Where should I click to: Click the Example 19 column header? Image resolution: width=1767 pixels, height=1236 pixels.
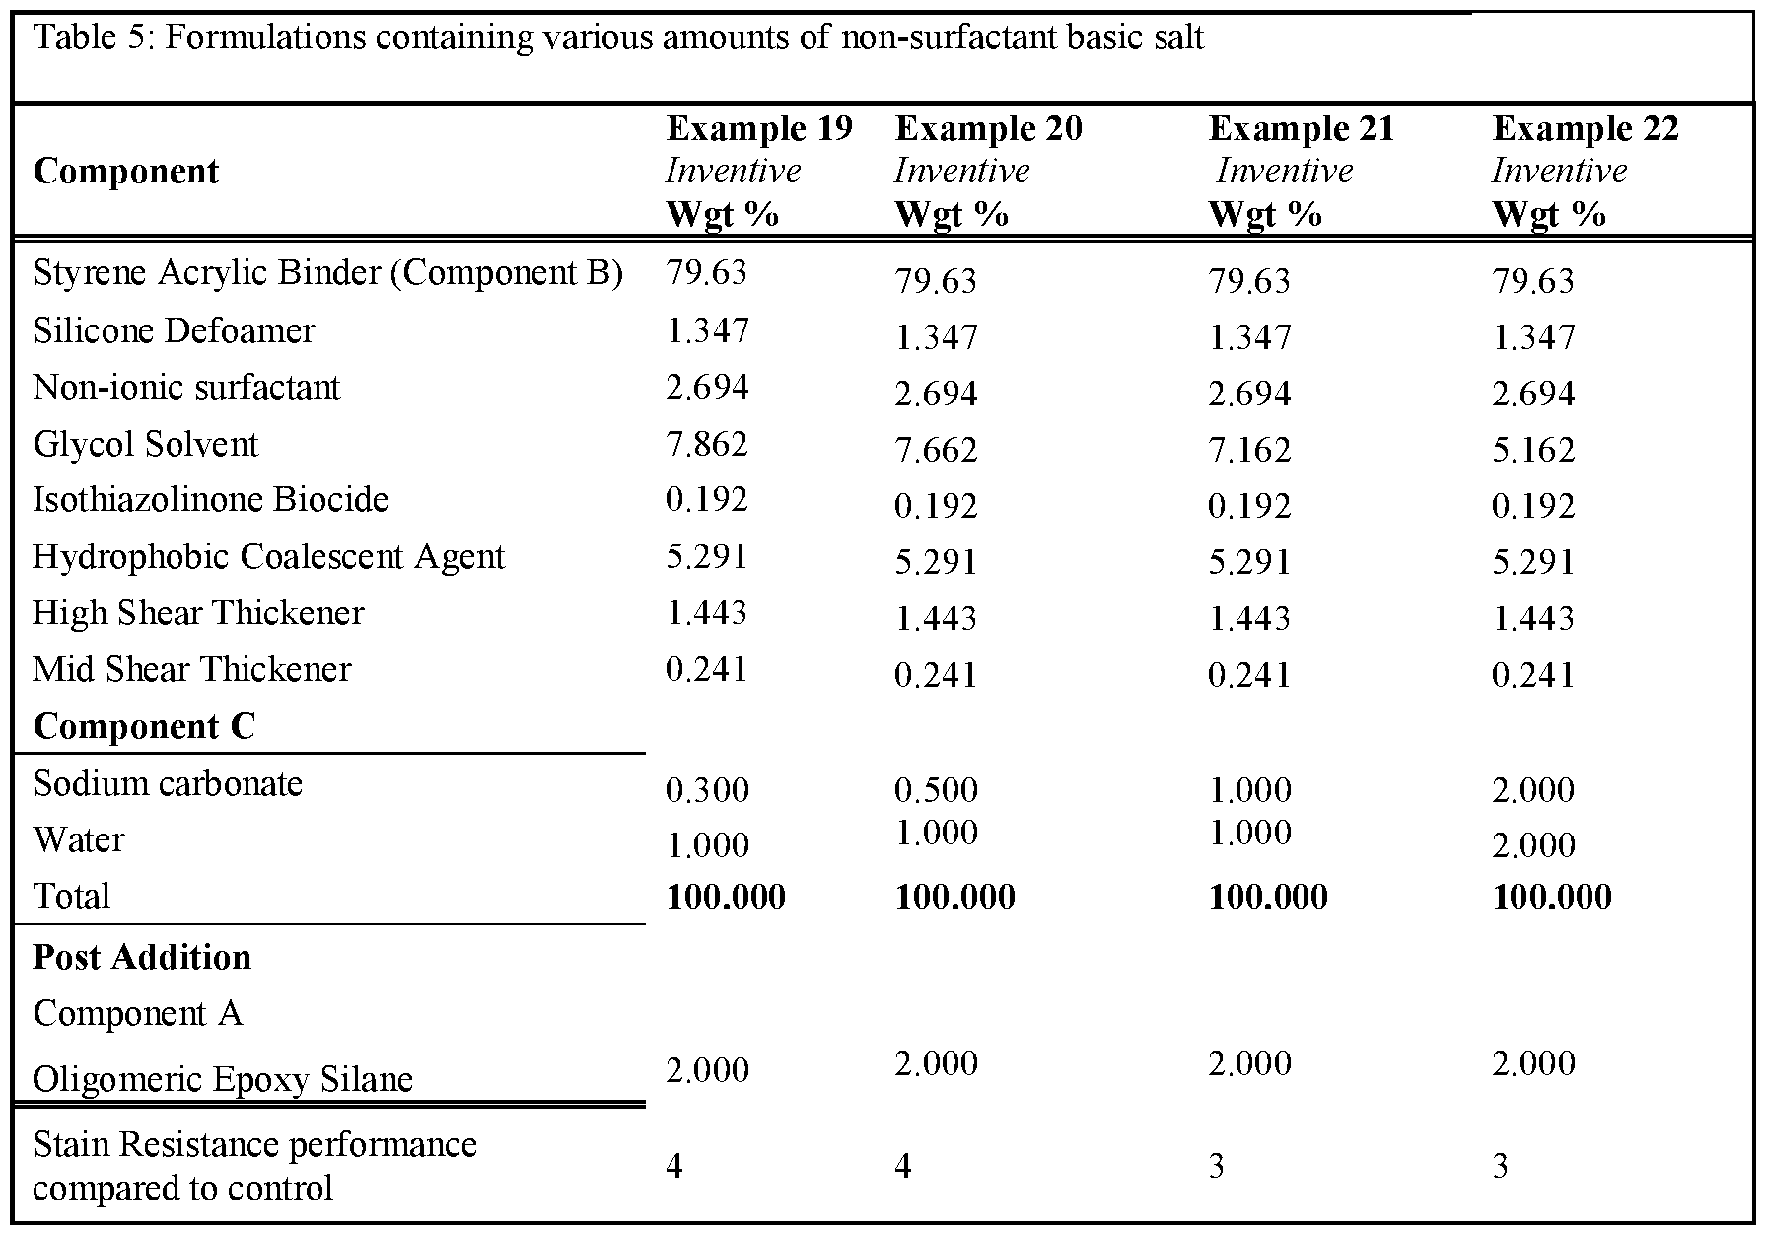pyautogui.click(x=759, y=129)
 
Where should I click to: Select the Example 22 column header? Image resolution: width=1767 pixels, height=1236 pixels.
pyautogui.click(x=1585, y=129)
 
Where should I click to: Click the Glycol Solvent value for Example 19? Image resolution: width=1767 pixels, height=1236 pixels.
pyautogui.click(x=707, y=444)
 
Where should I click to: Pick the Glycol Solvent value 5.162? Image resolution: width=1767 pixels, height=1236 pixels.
pyautogui.click(x=1533, y=451)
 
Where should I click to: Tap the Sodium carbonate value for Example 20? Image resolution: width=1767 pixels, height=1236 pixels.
pyautogui.click(x=936, y=790)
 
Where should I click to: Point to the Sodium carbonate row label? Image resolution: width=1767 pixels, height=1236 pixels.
pyautogui.click(x=168, y=784)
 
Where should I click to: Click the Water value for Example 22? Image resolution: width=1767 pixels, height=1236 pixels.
pyautogui.click(x=1533, y=845)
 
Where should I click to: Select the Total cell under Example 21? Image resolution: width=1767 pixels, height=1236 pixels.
pyautogui.click(x=1268, y=897)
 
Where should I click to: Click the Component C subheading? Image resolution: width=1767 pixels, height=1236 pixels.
pyautogui.click(x=144, y=727)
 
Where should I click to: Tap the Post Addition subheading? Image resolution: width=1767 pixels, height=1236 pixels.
pyautogui.click(x=142, y=958)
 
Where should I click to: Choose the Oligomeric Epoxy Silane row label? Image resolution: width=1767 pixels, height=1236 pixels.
pyautogui.click(x=223, y=1079)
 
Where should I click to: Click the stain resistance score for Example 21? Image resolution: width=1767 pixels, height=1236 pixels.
pyautogui.click(x=1217, y=1167)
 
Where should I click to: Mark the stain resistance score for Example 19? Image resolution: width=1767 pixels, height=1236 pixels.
pyautogui.click(x=674, y=1167)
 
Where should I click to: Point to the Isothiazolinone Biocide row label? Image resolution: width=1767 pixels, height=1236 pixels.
pyautogui.click(x=211, y=500)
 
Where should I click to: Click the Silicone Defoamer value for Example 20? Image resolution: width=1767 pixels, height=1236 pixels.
pyautogui.click(x=936, y=338)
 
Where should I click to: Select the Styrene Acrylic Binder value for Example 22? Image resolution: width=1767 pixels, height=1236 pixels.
pyautogui.click(x=1533, y=282)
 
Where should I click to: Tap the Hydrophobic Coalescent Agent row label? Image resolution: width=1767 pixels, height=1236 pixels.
pyautogui.click(x=268, y=557)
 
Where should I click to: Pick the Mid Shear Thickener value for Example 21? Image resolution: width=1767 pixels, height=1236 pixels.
pyautogui.click(x=1249, y=675)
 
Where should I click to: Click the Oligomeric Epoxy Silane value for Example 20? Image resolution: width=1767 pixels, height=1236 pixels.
pyautogui.click(x=936, y=1063)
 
